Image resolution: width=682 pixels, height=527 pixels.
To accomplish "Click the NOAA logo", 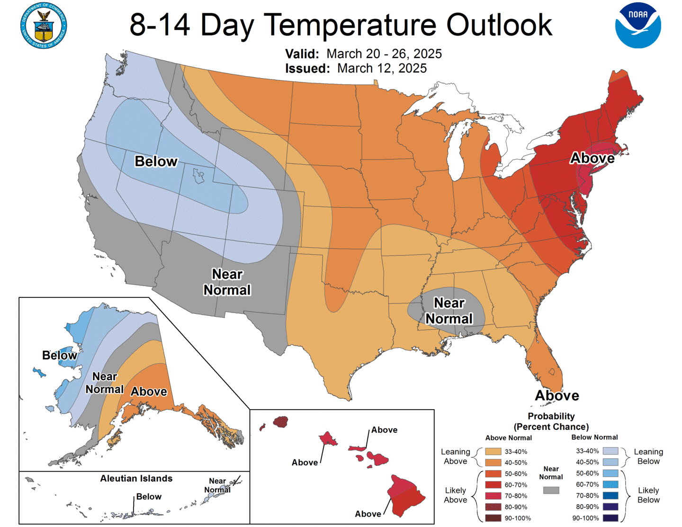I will pyautogui.click(x=637, y=25).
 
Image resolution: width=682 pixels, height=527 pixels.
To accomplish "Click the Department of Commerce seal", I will pyautogui.click(x=44, y=26).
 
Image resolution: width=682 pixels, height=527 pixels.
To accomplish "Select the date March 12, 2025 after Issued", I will pyautogui.click(x=382, y=69).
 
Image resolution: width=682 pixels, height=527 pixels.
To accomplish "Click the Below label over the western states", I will pyautogui.click(x=156, y=161).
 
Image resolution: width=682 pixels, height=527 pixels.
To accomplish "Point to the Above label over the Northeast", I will pyautogui.click(x=592, y=158).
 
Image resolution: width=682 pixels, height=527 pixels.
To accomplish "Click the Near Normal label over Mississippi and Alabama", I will pyautogui.click(x=449, y=311).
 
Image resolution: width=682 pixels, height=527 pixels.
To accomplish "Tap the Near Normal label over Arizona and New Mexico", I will pyautogui.click(x=227, y=282).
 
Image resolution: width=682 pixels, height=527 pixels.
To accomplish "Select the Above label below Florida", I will pyautogui.click(x=557, y=396).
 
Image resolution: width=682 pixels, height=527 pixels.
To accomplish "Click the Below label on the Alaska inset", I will pyautogui.click(x=59, y=356).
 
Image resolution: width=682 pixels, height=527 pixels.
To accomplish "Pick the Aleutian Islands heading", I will pyautogui.click(x=136, y=479).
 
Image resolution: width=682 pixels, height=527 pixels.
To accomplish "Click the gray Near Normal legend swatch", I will pyautogui.click(x=551, y=491).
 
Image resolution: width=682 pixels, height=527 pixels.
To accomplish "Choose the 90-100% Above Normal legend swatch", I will pyautogui.click(x=493, y=518).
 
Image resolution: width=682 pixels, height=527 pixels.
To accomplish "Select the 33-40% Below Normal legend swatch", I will pyautogui.click(x=610, y=451).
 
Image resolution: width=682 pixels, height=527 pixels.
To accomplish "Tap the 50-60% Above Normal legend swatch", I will pyautogui.click(x=493, y=473).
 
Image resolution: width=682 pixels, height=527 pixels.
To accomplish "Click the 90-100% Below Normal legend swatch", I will pyautogui.click(x=610, y=518).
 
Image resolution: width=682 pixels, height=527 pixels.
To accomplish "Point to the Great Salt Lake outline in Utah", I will pyautogui.click(x=198, y=176).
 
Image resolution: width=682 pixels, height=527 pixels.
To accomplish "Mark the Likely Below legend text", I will pyautogui.click(x=648, y=495).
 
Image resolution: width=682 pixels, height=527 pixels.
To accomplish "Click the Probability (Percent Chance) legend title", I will pyautogui.click(x=551, y=421).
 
